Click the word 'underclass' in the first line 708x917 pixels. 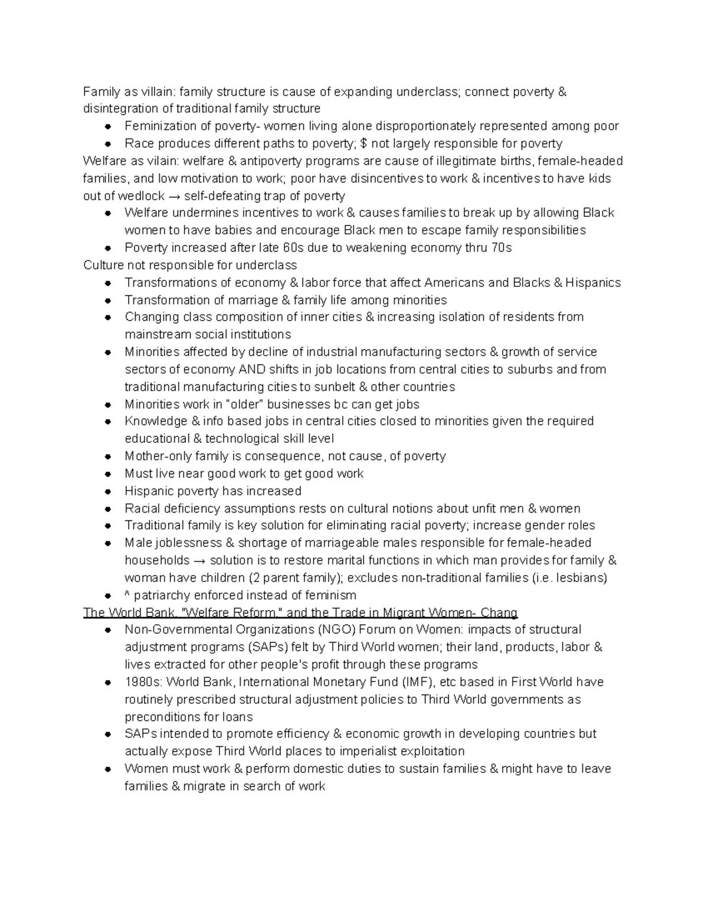click(427, 92)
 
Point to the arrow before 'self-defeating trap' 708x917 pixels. click(175, 196)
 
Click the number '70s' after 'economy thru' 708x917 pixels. click(501, 248)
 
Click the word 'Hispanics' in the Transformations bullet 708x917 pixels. click(592, 283)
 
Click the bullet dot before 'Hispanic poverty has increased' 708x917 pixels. click(108, 491)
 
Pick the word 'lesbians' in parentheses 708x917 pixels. click(581, 578)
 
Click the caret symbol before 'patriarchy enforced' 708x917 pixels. click(127, 595)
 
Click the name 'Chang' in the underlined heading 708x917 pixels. click(500, 612)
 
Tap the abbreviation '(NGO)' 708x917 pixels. click(336, 630)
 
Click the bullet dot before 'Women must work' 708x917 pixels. click(108, 769)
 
